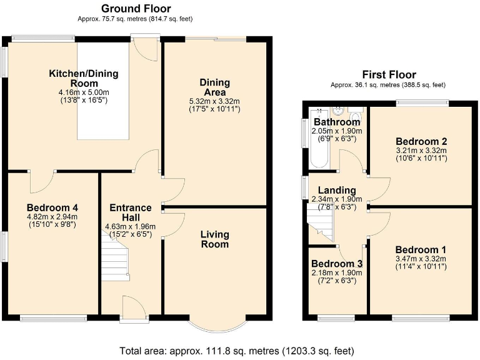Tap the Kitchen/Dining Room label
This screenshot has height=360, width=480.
click(84, 78)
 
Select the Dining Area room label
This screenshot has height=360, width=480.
click(214, 87)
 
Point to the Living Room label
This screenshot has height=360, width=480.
click(214, 239)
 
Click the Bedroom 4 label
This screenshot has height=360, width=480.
click(52, 207)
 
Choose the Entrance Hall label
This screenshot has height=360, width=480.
click(131, 212)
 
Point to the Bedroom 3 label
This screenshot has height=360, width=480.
click(337, 263)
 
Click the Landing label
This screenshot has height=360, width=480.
click(337, 190)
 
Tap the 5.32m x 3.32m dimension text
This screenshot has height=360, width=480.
click(214, 101)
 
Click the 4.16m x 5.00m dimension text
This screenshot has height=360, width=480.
click(84, 91)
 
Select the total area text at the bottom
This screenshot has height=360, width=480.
click(240, 351)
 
